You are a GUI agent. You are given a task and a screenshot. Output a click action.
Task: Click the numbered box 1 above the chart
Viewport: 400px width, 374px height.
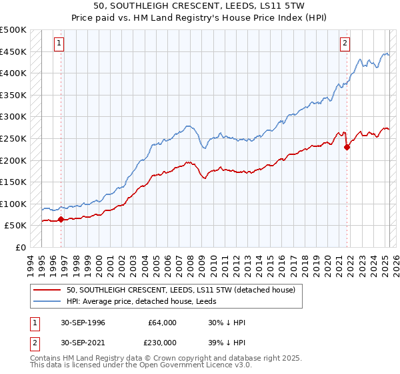pos(59,44)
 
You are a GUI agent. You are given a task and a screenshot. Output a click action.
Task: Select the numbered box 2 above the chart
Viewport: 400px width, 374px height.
pos(345,44)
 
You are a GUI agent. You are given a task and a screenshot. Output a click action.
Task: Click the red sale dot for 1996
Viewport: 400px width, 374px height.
pos(61,219)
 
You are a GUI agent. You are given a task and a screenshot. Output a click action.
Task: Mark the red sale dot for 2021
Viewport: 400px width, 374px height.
pos(347,148)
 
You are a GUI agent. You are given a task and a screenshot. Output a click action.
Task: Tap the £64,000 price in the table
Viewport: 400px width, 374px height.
pos(163,323)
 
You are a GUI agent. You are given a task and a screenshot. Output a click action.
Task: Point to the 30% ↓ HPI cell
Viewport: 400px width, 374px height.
pos(227,323)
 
